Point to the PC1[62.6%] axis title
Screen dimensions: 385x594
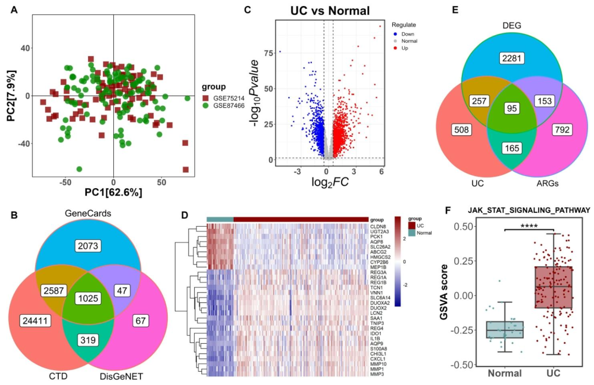(113, 194)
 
